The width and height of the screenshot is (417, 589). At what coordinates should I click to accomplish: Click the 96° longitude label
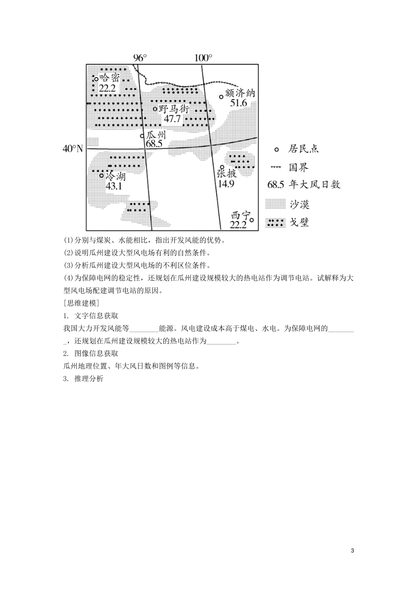pos(140,58)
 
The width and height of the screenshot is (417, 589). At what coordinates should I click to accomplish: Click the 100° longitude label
pos(203,58)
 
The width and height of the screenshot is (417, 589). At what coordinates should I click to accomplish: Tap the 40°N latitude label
pos(73,149)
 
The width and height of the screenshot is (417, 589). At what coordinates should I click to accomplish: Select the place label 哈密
pos(110,78)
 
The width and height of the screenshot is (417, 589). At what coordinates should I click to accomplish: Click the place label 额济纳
pos(240,94)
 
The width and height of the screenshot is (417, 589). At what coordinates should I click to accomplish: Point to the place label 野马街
pos(173,109)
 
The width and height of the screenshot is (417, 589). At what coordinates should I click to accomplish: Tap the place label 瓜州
pos(156,135)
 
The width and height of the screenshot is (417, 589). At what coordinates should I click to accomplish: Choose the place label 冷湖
pos(115,176)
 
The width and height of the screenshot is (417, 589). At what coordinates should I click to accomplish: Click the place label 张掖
pos(226,174)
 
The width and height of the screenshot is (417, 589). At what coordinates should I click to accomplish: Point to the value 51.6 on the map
pos(239,103)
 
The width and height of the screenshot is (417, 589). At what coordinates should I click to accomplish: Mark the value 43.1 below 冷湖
pos(114,185)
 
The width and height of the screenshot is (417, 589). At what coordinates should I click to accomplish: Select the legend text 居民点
pos(303,149)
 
